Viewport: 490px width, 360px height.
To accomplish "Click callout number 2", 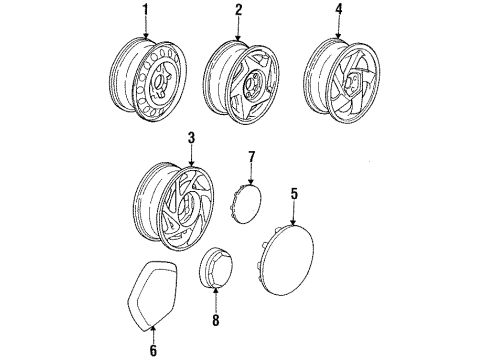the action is click(239, 11).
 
